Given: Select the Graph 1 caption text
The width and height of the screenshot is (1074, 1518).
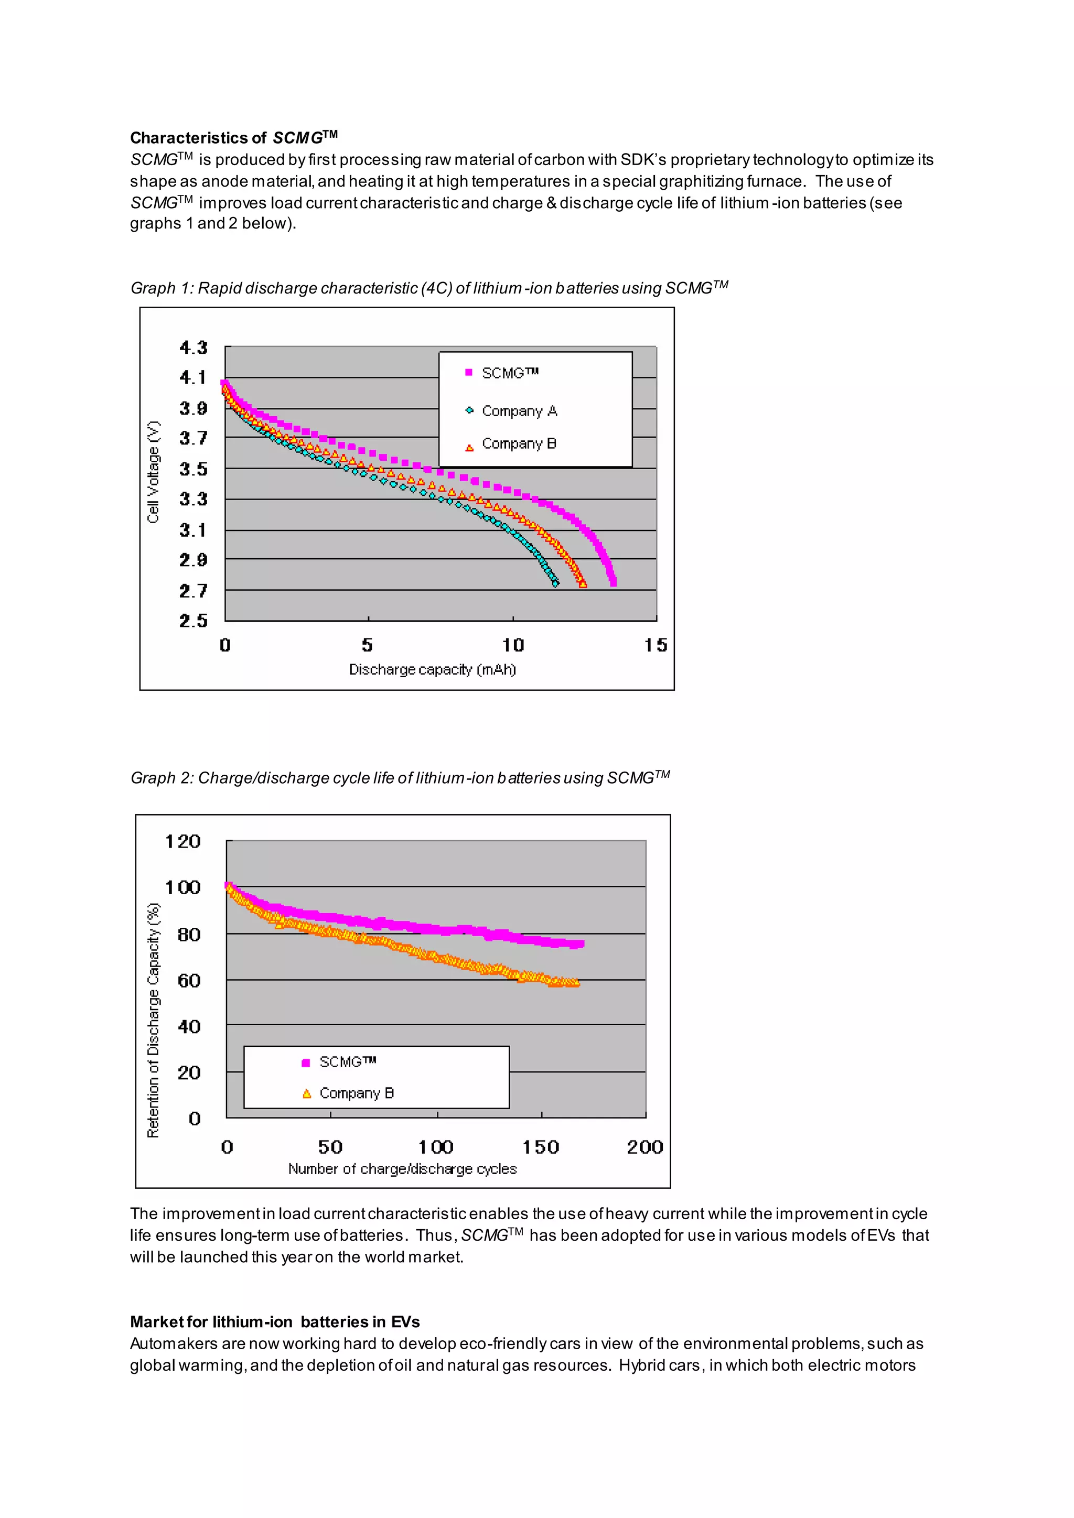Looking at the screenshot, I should click(428, 288).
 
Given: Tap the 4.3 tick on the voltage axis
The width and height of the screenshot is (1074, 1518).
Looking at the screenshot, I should click(193, 347).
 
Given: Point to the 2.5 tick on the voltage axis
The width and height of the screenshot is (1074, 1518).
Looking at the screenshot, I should click(193, 620).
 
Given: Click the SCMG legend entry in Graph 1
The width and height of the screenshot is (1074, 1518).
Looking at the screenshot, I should click(509, 373).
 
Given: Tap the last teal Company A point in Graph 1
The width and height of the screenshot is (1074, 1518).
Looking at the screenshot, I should click(555, 583).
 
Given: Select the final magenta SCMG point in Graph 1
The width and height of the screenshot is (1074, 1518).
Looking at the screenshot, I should click(614, 582).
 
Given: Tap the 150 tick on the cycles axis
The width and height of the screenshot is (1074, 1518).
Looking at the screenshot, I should click(541, 1146).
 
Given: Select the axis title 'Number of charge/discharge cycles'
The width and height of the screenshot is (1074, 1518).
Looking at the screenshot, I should click(402, 1168).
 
